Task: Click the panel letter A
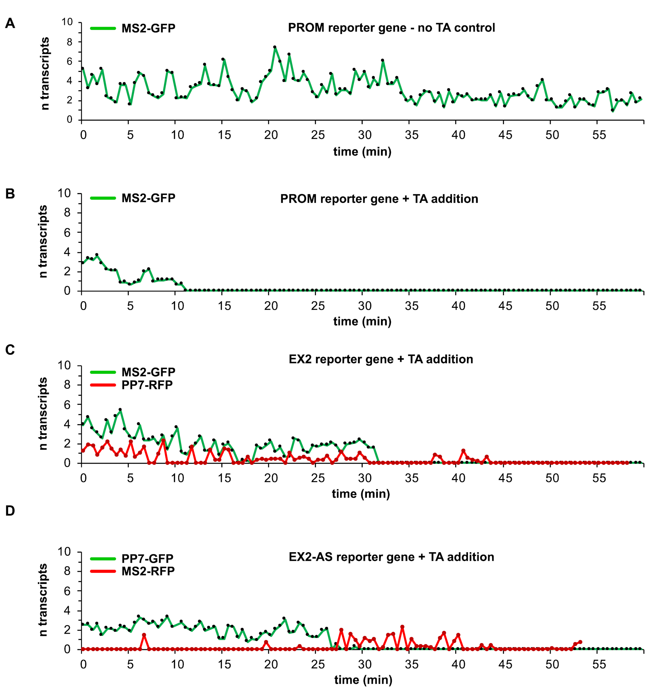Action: coord(10,24)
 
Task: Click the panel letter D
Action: coord(10,511)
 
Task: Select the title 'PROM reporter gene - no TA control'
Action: coord(391,28)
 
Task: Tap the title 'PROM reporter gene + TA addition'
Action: coord(379,199)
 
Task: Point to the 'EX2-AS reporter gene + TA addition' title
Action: coord(391,557)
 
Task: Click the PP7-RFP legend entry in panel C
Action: coord(146,385)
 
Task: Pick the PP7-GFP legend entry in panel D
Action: coord(147,558)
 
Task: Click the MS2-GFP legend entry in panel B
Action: coord(148,198)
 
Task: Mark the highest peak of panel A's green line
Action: coord(275,47)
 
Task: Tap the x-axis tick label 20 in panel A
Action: coord(271,135)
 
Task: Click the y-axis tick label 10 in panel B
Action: coord(64,193)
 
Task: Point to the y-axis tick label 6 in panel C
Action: coord(67,405)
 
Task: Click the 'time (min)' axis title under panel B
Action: coord(362,322)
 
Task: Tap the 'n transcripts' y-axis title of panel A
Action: coord(44,74)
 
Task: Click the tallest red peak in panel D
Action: coord(402,626)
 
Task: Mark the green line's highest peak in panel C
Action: coord(120,409)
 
